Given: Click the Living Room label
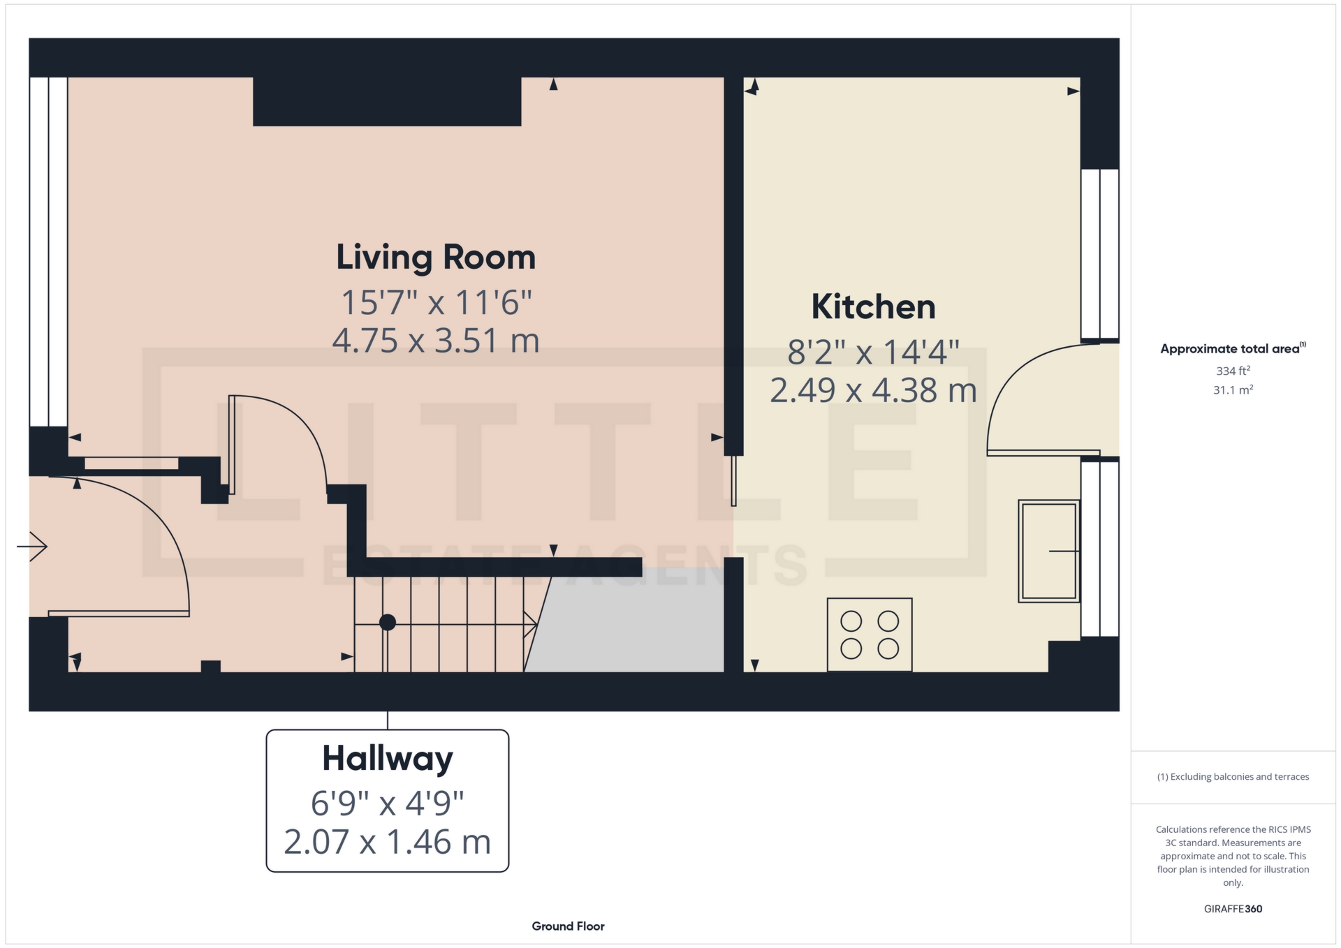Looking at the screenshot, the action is (436, 257).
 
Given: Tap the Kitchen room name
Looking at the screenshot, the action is (873, 306).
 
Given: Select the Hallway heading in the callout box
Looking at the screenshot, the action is (388, 759).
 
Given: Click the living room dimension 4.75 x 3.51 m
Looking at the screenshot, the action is (436, 341).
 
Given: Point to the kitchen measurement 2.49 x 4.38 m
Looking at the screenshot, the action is (873, 390).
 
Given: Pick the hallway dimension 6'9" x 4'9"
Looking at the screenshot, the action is (388, 803).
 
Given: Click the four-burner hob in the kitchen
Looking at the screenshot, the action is (870, 635).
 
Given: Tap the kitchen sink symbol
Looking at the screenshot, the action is (1049, 551).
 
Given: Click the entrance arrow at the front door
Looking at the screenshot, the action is (32, 546).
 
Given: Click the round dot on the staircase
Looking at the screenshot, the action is (388, 622).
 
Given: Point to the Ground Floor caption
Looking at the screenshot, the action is (568, 926).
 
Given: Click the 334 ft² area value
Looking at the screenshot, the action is (1233, 371).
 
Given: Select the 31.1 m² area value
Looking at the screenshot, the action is (1233, 390).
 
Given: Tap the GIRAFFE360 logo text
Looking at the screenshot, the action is (1233, 909).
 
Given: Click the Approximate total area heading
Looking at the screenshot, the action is (1233, 348).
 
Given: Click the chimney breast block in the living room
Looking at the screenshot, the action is (387, 101).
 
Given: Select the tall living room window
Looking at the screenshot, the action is (48, 251).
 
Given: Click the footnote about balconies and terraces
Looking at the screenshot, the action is (1233, 777).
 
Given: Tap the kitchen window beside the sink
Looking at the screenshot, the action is (1100, 547).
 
